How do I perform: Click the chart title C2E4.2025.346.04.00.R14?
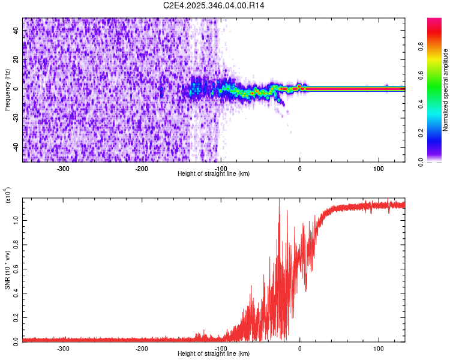coord(214,5)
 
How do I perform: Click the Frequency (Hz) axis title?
coord(7,89)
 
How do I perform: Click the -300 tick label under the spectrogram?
coord(64,167)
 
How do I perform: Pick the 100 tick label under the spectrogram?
coord(379,167)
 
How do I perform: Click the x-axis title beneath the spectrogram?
coord(214,173)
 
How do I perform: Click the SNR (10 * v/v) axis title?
coord(7,269)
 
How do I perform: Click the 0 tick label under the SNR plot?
coord(300,347)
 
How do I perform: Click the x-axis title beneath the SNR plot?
coord(214,353)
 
